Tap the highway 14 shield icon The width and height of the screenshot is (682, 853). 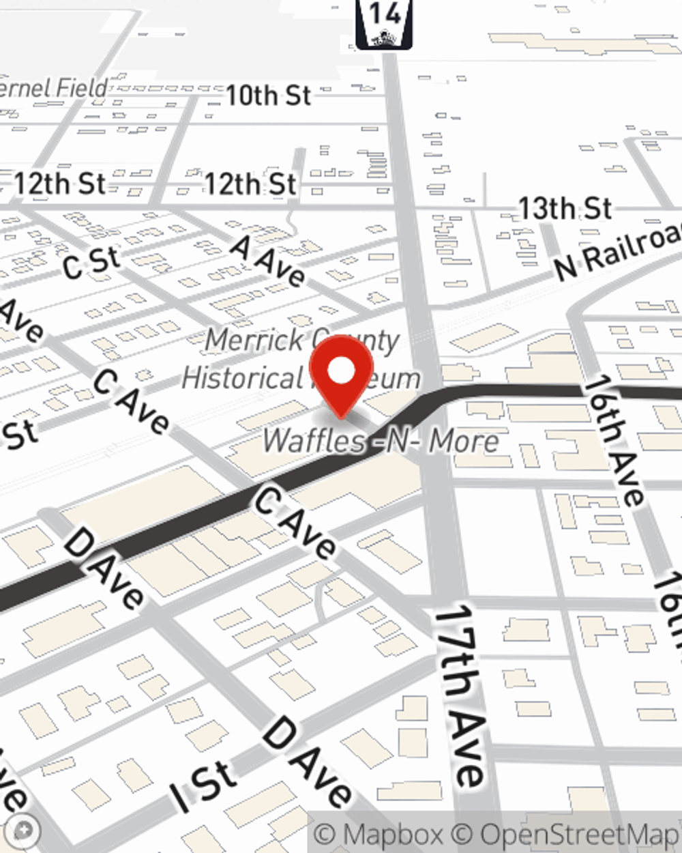384,25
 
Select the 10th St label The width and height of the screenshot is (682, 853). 268,96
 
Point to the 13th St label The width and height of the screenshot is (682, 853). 565,208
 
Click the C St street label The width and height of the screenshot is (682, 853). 91,263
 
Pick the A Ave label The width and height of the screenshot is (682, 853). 268,260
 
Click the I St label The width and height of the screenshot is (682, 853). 203,787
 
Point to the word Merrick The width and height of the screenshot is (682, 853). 254,339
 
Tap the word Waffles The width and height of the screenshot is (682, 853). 314,441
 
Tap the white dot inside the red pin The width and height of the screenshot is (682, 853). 341,371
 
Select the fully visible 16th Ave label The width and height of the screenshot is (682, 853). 613,440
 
